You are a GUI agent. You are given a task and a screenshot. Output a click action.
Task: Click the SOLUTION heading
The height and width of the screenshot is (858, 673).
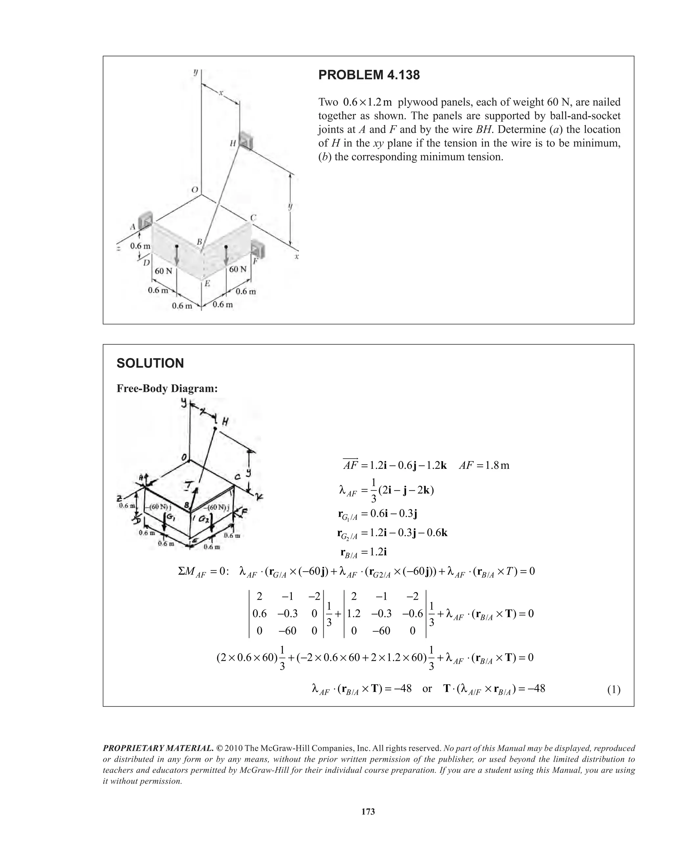point(150,363)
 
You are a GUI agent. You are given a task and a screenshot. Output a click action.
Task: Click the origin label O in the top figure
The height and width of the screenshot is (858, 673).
point(195,190)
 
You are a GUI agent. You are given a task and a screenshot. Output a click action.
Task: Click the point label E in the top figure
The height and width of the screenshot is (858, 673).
point(207,283)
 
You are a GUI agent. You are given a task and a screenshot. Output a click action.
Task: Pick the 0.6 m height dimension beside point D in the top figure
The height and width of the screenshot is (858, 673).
point(140,246)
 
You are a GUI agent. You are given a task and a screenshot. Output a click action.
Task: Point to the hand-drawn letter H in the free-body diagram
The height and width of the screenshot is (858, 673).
point(225,422)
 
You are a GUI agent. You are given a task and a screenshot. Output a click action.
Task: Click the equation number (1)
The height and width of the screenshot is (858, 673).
point(614,690)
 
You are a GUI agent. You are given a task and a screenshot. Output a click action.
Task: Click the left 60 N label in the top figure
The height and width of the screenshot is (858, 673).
point(163,271)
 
